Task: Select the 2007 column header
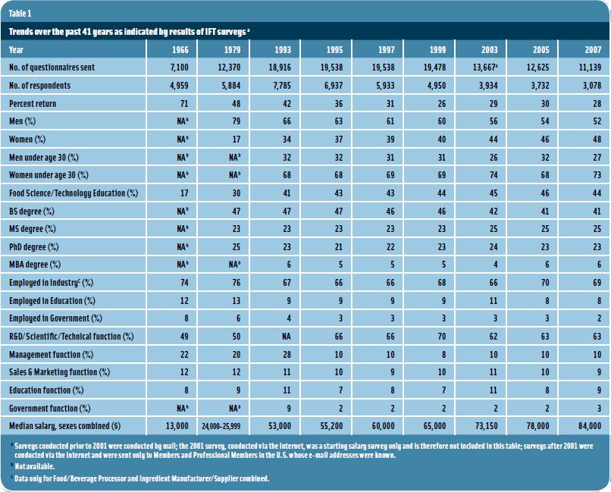click(x=590, y=49)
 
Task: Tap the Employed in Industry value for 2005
click(x=540, y=282)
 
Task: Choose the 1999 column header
click(x=437, y=49)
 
